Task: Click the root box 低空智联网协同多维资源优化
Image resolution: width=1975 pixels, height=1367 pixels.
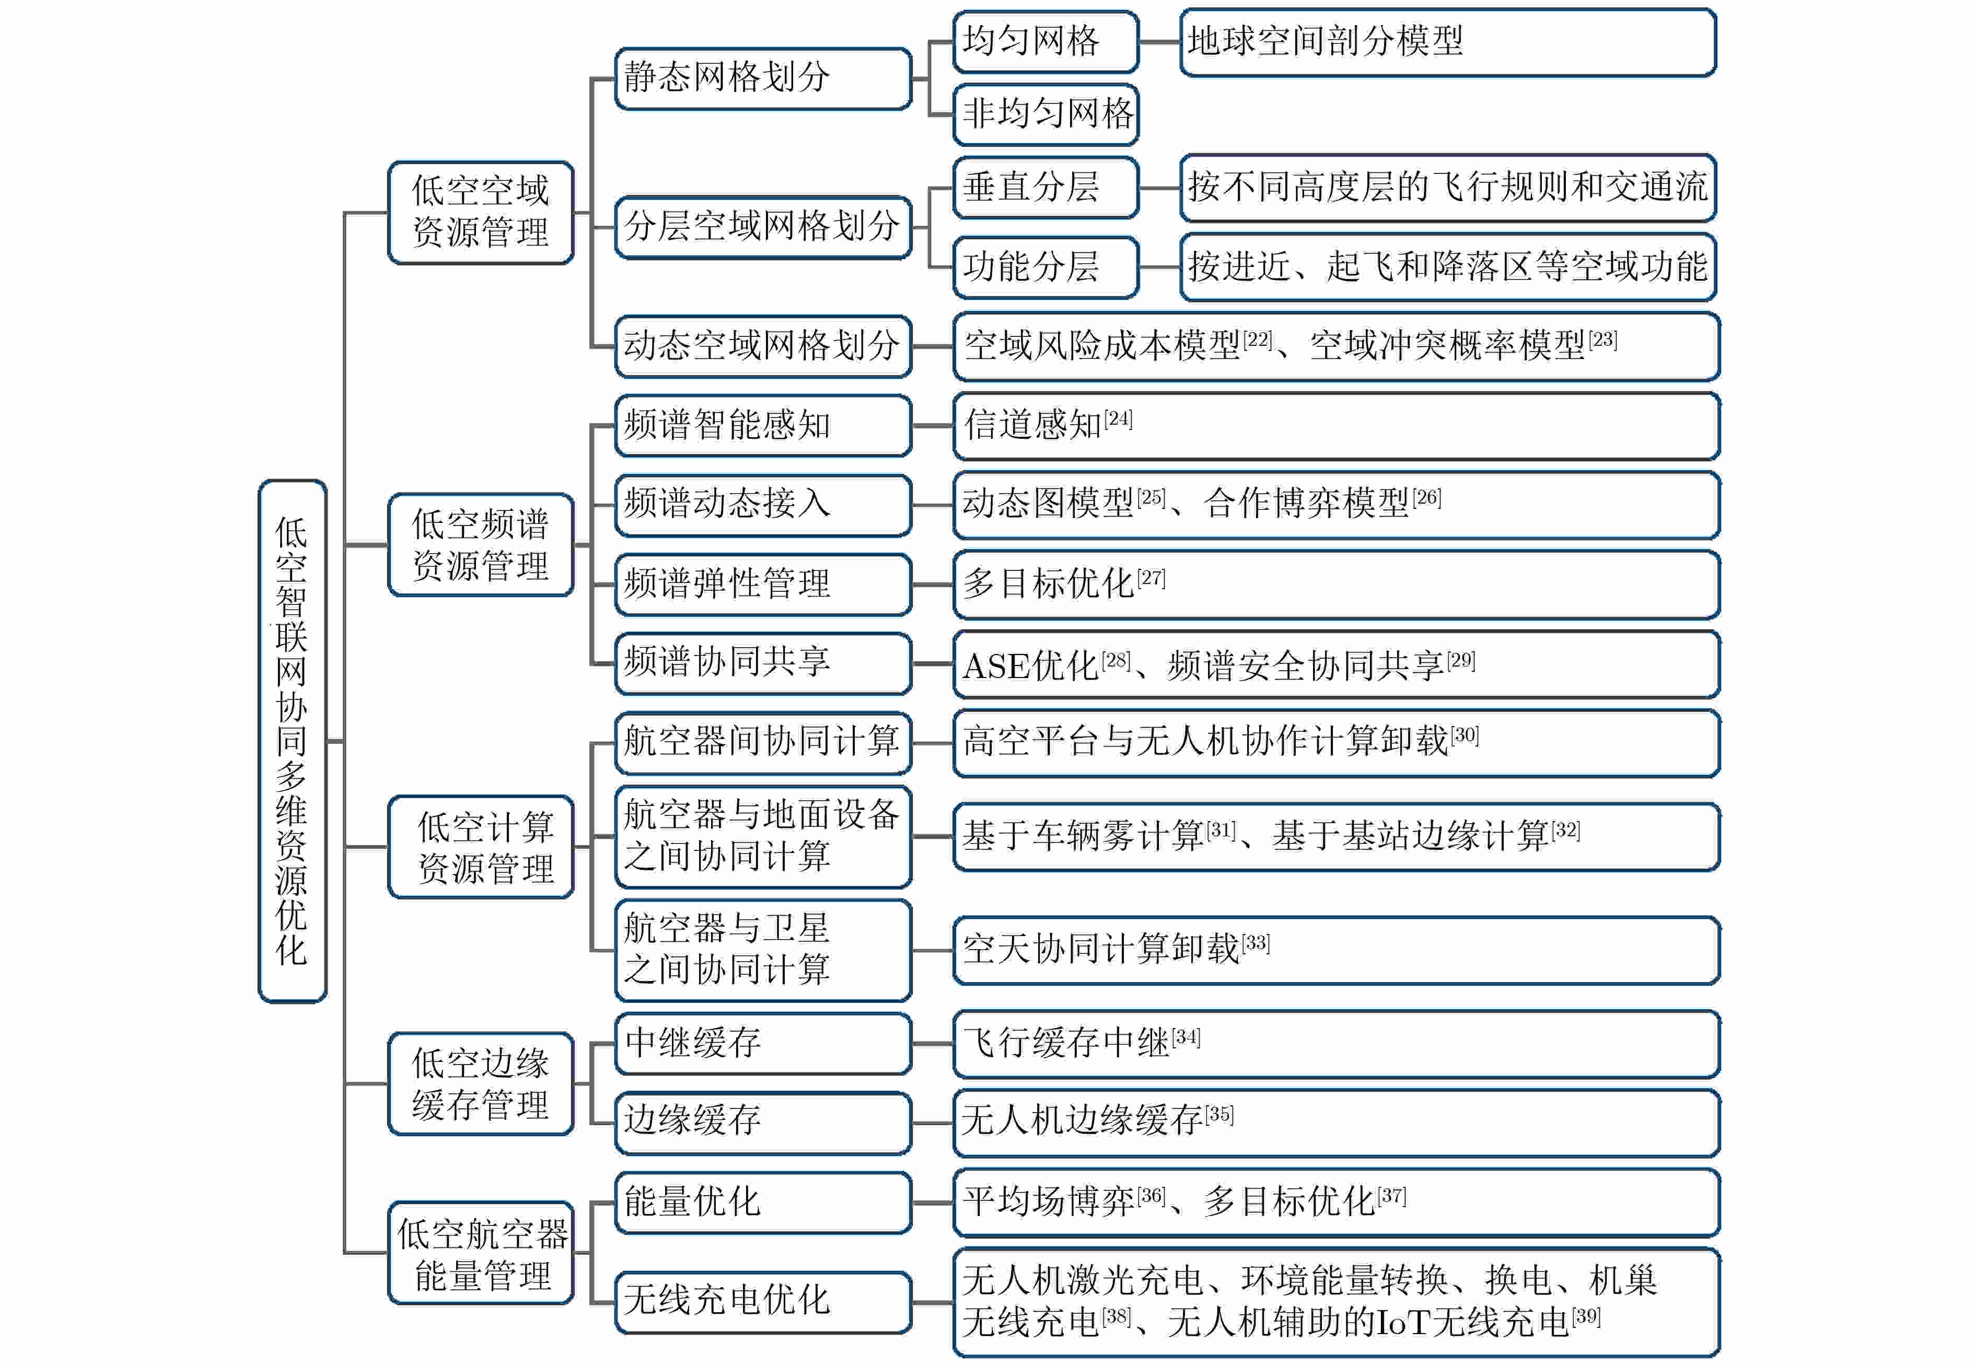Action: (292, 740)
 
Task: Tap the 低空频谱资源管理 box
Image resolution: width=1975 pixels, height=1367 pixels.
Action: (481, 545)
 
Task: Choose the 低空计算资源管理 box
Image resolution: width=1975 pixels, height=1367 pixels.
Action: (481, 847)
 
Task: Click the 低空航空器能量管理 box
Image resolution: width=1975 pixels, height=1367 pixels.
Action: (481, 1253)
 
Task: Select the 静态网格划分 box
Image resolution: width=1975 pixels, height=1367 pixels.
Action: (763, 78)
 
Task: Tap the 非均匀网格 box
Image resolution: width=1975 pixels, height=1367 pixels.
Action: (1046, 114)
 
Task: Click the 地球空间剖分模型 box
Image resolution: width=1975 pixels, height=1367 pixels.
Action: (1447, 42)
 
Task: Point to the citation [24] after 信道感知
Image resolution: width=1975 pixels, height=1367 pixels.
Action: (1118, 419)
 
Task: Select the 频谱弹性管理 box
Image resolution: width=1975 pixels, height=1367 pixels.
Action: (763, 584)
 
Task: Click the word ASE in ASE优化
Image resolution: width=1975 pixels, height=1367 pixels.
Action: (996, 667)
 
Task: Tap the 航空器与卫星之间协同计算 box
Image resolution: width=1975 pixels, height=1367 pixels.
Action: (763, 950)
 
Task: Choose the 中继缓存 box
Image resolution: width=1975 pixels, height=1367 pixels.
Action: (763, 1043)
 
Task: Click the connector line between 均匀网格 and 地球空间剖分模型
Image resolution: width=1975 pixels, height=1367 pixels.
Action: (1159, 42)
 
